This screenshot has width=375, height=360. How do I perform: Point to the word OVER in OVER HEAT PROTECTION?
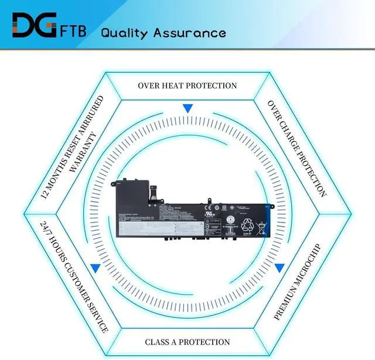[x=149, y=85]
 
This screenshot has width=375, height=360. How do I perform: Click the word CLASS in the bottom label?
[x=159, y=342]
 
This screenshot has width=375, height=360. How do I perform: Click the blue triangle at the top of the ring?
[x=187, y=108]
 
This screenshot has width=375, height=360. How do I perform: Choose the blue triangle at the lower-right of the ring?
[x=280, y=268]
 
